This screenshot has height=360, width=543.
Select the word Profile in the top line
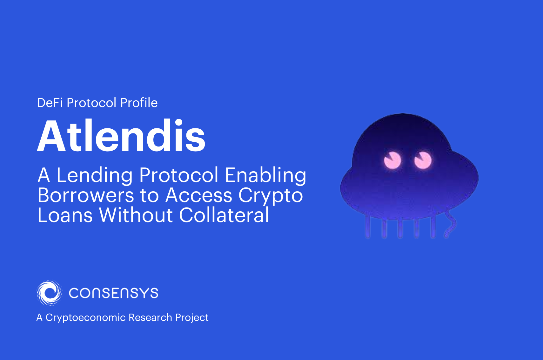139,103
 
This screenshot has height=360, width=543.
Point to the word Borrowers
85,195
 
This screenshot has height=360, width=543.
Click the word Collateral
224,215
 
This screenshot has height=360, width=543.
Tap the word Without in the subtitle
136,215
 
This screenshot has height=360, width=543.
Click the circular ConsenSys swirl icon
50,293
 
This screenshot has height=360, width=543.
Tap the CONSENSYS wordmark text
113,293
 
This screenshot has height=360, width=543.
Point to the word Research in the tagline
150,317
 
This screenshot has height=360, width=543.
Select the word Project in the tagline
192,318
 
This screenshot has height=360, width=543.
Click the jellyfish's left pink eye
392,160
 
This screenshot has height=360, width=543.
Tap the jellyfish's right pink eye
423,160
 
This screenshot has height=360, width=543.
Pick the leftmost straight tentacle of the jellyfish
368,227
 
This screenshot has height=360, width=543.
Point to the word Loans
65,215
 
